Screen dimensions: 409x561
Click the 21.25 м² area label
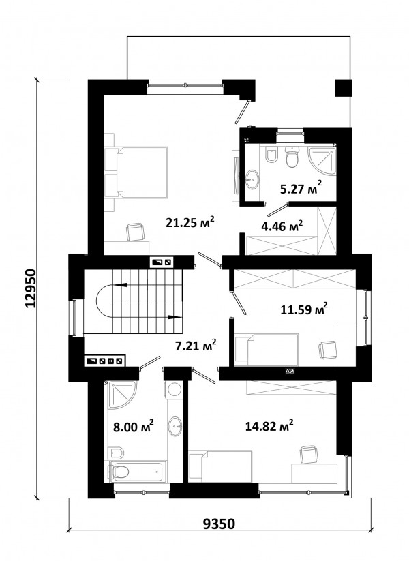click(x=190, y=222)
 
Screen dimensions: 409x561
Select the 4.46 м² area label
click(x=282, y=226)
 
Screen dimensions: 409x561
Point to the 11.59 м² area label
click(x=304, y=309)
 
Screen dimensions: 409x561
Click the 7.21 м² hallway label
click(x=195, y=346)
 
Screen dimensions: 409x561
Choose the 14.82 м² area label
click(x=269, y=426)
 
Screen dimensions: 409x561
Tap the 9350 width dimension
click(x=219, y=524)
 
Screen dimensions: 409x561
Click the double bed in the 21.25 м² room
click(x=136, y=172)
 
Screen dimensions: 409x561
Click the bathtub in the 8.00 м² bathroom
click(x=138, y=472)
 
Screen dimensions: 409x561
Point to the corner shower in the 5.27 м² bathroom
click(x=322, y=160)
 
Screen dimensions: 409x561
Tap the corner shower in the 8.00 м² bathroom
click(x=121, y=395)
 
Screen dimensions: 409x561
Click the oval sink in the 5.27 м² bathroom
click(x=253, y=179)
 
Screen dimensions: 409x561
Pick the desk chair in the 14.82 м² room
click(x=308, y=454)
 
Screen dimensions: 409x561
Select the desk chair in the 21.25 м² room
click(x=136, y=231)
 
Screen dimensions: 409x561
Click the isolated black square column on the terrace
click(x=343, y=88)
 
